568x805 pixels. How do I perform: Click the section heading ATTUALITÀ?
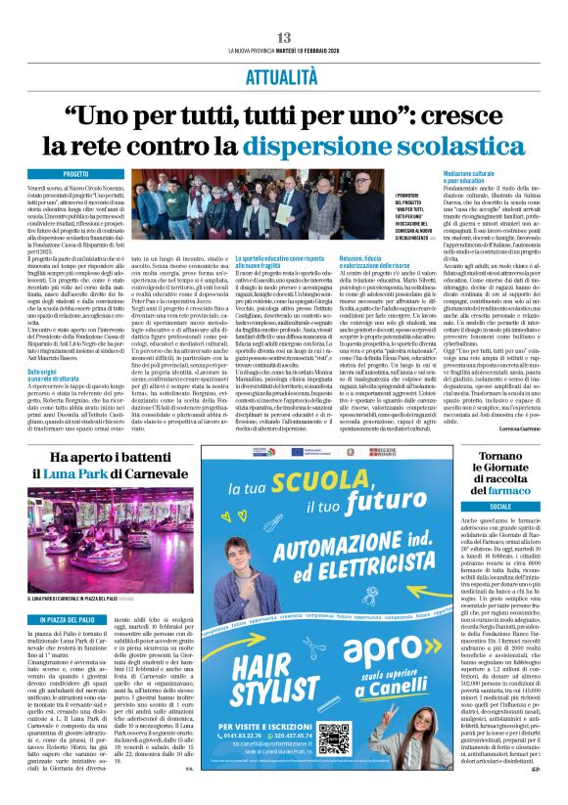point(283,73)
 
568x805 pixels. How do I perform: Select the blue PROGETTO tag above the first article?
point(76,173)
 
